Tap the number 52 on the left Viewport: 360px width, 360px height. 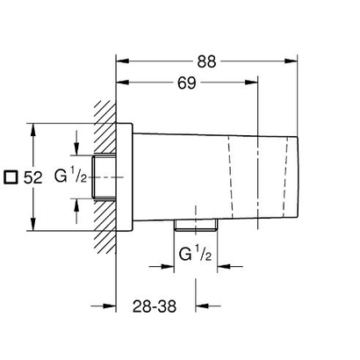tap(33, 176)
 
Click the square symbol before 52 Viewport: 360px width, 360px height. tap(10, 176)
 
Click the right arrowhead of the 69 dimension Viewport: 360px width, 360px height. tap(256, 84)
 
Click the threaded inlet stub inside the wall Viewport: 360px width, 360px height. tap(107, 176)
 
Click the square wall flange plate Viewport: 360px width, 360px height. tap(125, 176)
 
